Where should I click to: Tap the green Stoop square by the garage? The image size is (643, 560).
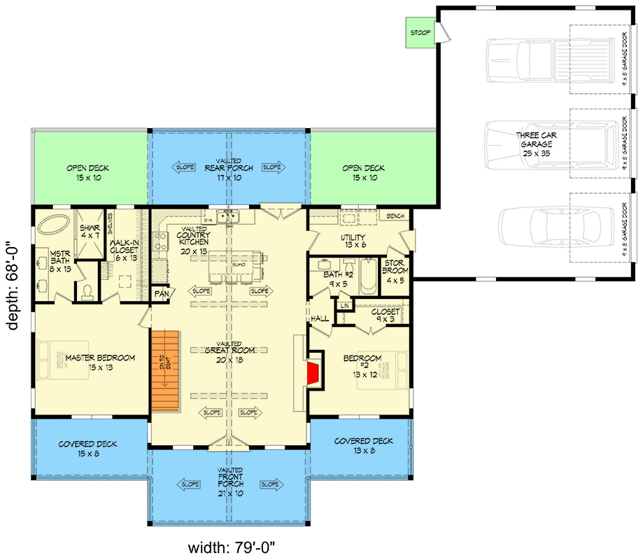click(x=420, y=33)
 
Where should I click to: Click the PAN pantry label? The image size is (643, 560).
click(x=162, y=293)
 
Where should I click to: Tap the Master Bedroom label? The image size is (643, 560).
click(x=100, y=362)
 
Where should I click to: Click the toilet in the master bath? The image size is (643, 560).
click(x=87, y=291)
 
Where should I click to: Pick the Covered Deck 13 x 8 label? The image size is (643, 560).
click(x=363, y=445)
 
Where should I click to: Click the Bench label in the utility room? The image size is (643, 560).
click(x=395, y=216)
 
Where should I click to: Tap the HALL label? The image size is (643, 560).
click(x=320, y=318)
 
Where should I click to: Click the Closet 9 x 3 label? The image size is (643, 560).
click(x=386, y=316)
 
